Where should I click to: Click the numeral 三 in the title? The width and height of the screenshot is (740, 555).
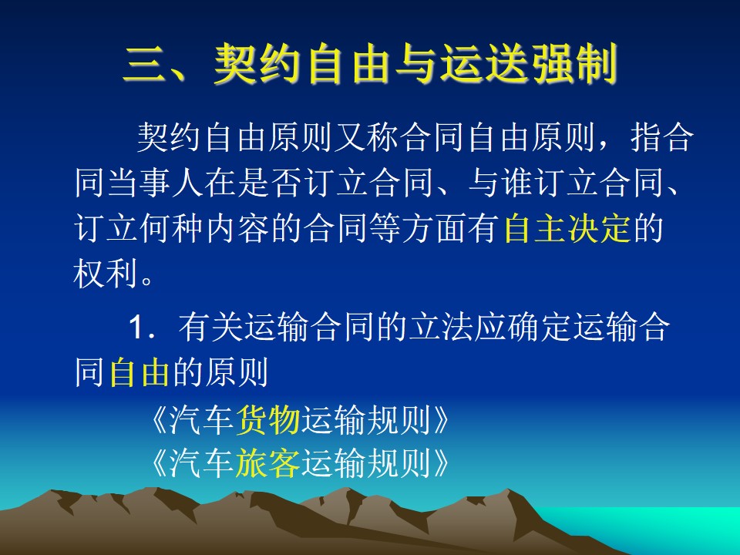[144, 64]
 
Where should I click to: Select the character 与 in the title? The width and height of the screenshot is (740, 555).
[415, 64]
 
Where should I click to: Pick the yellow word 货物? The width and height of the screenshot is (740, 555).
[267, 419]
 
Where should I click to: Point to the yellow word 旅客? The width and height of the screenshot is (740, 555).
[267, 462]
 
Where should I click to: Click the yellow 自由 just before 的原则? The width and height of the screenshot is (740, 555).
[140, 372]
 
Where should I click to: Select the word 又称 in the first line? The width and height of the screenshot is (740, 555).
[365, 137]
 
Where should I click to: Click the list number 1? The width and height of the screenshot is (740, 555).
[136, 327]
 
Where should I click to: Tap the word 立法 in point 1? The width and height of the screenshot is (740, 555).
[440, 327]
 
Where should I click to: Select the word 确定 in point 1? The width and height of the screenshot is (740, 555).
[539, 327]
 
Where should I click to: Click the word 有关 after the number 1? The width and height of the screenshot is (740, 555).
[210, 327]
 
